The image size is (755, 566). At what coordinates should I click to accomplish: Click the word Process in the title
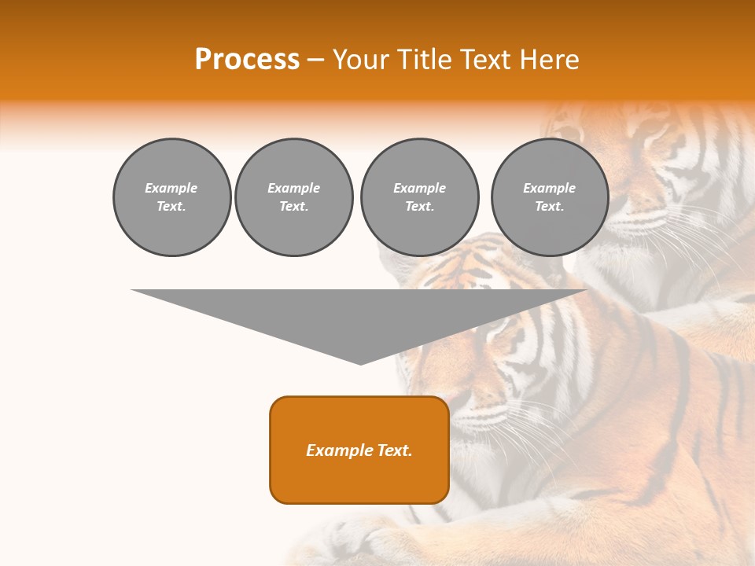pos(247,60)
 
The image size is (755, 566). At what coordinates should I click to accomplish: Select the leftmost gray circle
pos(171,197)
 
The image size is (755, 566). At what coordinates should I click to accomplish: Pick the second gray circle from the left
pos(293,197)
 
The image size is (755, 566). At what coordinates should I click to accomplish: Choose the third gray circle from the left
pos(419,197)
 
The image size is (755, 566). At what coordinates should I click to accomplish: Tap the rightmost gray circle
pos(549,197)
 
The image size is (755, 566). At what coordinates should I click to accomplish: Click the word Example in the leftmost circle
pos(171,188)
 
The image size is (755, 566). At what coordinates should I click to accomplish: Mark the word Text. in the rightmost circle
pos(549,207)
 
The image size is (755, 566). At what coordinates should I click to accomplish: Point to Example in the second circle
pos(293,188)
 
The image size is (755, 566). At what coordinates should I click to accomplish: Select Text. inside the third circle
pos(419,207)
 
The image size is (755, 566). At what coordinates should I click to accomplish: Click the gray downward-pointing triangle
pos(359,314)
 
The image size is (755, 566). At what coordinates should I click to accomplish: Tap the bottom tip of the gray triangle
pos(360,362)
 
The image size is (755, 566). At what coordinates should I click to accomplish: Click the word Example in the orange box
pos(339,450)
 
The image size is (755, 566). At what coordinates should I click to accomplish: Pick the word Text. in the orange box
pos(394,450)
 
